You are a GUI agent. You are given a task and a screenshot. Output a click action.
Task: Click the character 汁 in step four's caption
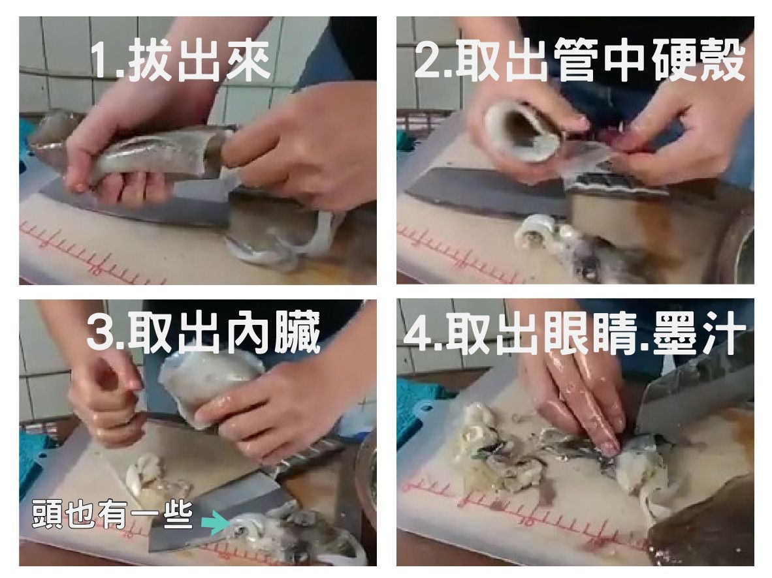tap(723, 333)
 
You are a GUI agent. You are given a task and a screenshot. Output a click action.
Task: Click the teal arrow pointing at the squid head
tap(216, 522)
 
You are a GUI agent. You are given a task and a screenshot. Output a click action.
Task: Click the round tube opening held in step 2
tap(522, 131)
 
